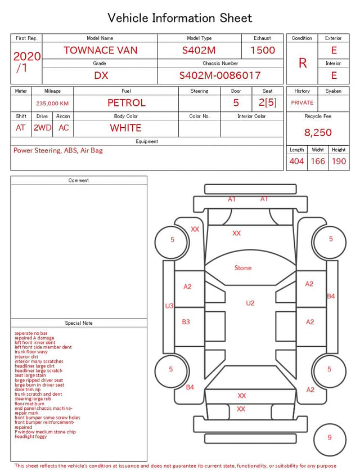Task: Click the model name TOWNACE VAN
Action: [x=100, y=50]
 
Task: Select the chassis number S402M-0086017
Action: [x=220, y=75]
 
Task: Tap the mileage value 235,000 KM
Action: [x=52, y=104]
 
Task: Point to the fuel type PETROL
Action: [x=127, y=103]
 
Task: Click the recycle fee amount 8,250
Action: [x=318, y=132]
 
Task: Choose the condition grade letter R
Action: [x=303, y=63]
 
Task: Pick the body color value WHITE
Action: [x=125, y=128]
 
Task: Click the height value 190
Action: [x=339, y=161]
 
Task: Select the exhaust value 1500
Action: [x=263, y=50]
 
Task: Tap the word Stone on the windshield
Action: [x=243, y=268]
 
